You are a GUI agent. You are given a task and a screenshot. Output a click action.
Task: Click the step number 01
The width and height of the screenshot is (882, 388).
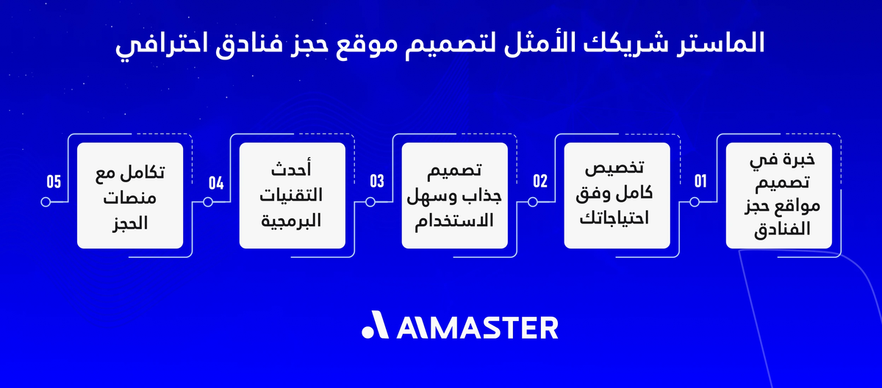[699, 182]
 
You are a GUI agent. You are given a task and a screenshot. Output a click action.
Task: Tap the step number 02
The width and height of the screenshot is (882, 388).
[539, 182]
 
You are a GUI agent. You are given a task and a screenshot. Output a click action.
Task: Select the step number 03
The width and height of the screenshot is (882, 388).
[377, 182]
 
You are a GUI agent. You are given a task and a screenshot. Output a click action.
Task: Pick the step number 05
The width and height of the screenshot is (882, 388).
[53, 182]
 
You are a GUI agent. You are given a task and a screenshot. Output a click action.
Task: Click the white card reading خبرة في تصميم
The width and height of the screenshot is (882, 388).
[778, 195]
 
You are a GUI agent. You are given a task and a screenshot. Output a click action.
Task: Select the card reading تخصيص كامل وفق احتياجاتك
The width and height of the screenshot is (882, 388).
[617, 195]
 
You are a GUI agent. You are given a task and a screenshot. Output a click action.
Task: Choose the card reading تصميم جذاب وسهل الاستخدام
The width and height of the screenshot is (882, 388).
[454, 195]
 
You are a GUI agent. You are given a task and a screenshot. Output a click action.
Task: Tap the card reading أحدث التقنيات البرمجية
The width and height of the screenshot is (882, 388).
[292, 195]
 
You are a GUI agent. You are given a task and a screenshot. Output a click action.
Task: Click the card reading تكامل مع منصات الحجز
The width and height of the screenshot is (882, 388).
[130, 195]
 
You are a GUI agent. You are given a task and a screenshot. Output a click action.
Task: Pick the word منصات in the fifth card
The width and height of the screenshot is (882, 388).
[130, 198]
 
